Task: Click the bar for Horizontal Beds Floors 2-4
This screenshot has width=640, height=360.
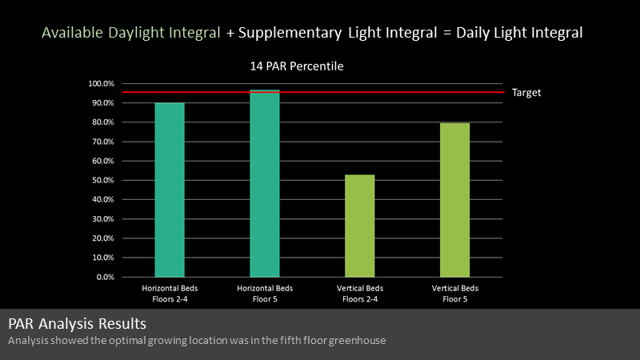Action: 170,190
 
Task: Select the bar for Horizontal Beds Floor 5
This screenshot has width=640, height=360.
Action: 265,183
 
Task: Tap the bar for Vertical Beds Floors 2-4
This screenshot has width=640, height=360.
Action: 359,226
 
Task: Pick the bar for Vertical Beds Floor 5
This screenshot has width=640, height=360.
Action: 454,200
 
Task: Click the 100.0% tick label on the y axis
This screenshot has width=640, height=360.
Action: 102,84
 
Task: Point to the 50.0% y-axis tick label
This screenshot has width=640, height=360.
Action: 103,181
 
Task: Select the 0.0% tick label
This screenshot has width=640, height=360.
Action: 106,277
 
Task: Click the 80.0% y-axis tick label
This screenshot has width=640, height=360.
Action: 103,122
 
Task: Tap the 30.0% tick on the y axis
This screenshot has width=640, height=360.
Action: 103,219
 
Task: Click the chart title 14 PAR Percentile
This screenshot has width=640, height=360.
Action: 297,66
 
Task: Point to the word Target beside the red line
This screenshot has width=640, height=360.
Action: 526,93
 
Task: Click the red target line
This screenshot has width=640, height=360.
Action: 314,92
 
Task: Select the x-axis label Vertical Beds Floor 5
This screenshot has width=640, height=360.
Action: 454,294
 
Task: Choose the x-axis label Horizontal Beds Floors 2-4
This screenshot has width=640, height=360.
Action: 170,294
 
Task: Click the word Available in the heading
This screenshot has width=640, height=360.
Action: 72,33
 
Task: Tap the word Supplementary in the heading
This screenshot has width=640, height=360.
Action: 290,33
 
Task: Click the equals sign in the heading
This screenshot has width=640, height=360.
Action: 447,33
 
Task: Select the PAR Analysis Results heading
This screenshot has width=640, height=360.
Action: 77,324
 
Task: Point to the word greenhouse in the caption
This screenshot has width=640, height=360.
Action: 357,341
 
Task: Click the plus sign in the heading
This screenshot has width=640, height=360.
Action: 230,34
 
